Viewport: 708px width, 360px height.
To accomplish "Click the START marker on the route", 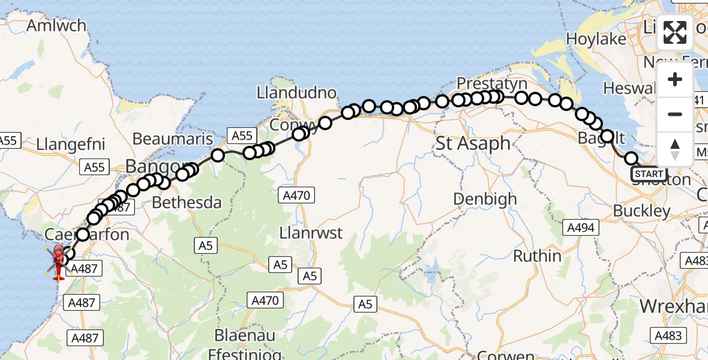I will pyautogui.click(x=649, y=174).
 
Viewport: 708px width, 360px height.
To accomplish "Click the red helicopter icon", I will pyautogui.click(x=58, y=262).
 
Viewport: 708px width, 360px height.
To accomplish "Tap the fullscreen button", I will pyautogui.click(x=675, y=32).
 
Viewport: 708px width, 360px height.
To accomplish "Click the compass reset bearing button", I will pyautogui.click(x=675, y=149).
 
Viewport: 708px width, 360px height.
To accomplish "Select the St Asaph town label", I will pyautogui.click(x=473, y=143).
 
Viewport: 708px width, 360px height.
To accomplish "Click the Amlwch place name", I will pyautogui.click(x=56, y=26).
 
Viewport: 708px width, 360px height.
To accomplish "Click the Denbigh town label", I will pyautogui.click(x=485, y=199).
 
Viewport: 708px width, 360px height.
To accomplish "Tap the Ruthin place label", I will pyautogui.click(x=537, y=256).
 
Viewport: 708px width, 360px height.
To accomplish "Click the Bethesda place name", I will pyautogui.click(x=187, y=203).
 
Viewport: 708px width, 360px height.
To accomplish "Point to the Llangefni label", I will pyautogui.click(x=71, y=144).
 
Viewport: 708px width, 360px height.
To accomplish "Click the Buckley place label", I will pyautogui.click(x=641, y=211).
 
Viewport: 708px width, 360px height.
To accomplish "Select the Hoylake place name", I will pyautogui.click(x=596, y=39).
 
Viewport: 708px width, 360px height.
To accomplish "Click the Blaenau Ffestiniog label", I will pyautogui.click(x=245, y=343).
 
